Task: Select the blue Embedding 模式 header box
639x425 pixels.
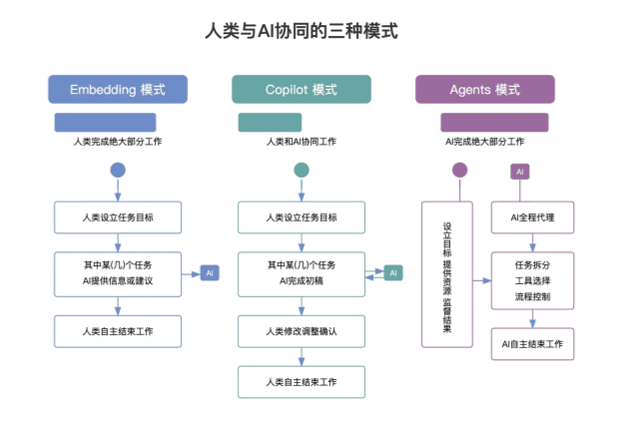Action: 118,90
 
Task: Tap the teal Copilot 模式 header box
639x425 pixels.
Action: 302,90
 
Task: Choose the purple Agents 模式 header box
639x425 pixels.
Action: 484,90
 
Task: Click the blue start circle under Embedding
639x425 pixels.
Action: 118,170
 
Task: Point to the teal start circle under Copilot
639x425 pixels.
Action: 302,170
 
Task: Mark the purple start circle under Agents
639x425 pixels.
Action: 459,171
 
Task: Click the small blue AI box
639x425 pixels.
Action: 209,272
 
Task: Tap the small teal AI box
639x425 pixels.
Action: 393,272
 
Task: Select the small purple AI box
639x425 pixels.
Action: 519,172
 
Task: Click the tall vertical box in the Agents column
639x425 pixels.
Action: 446,273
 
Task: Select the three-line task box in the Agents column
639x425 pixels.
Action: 531,281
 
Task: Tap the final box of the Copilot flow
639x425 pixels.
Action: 302,381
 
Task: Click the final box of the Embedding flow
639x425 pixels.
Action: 118,329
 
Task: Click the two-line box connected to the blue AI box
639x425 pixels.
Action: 118,273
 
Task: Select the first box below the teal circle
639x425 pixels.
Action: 302,216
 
